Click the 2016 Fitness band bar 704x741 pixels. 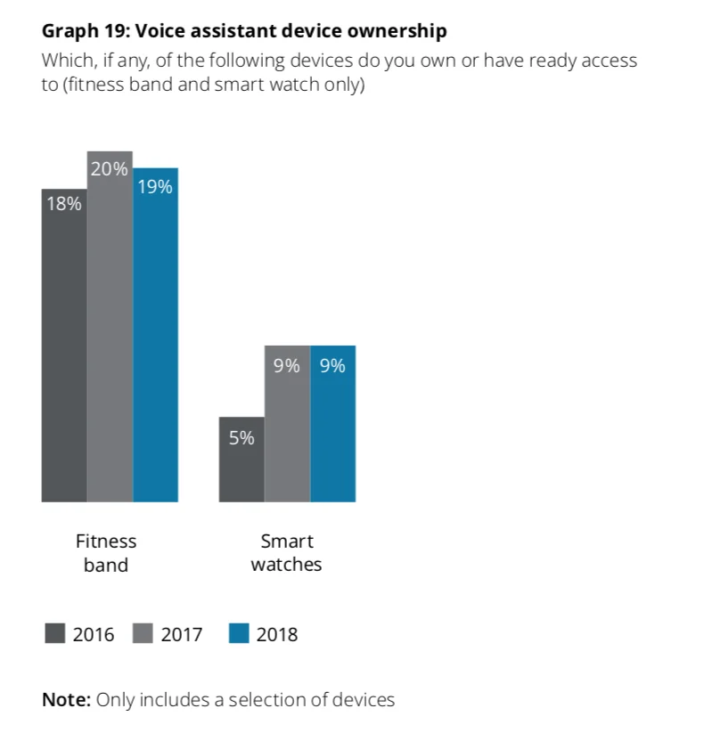tap(64, 347)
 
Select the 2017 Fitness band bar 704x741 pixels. tap(110, 330)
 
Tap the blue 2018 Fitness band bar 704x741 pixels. tap(156, 338)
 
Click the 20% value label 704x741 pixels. tap(110, 168)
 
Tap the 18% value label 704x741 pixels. tap(64, 204)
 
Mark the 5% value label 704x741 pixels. tap(241, 438)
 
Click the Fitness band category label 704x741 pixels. tap(106, 552)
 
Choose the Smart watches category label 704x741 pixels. tap(287, 552)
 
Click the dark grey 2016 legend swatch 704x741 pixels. tap(54, 634)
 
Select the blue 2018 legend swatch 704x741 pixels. tap(238, 634)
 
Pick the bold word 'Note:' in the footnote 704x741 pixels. tap(66, 699)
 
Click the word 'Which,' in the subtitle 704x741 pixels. tap(65, 61)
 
